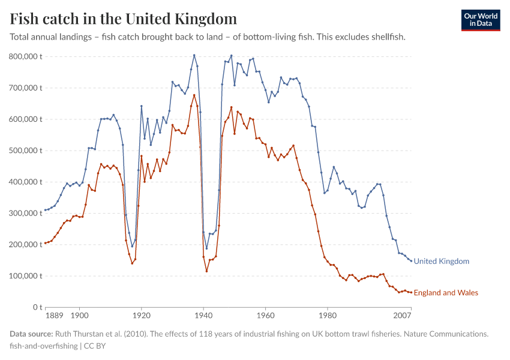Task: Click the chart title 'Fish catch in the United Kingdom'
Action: tap(123, 19)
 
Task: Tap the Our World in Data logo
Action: tap(481, 20)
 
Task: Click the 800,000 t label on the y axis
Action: tap(25, 56)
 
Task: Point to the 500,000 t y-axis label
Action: tap(25, 151)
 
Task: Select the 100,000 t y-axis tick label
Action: tap(25, 276)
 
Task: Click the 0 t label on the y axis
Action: tap(36, 307)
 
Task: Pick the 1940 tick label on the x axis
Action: tap(203, 314)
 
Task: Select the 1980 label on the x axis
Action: tap(327, 314)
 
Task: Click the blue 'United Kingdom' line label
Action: tap(442, 262)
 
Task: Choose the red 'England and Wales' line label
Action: tap(446, 293)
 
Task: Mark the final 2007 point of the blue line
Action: tap(411, 260)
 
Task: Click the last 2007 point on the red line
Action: tap(411, 292)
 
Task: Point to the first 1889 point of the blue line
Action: tap(45, 210)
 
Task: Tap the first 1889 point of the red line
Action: tap(45, 243)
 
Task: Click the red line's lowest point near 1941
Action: tap(206, 271)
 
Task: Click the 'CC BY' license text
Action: tap(95, 346)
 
